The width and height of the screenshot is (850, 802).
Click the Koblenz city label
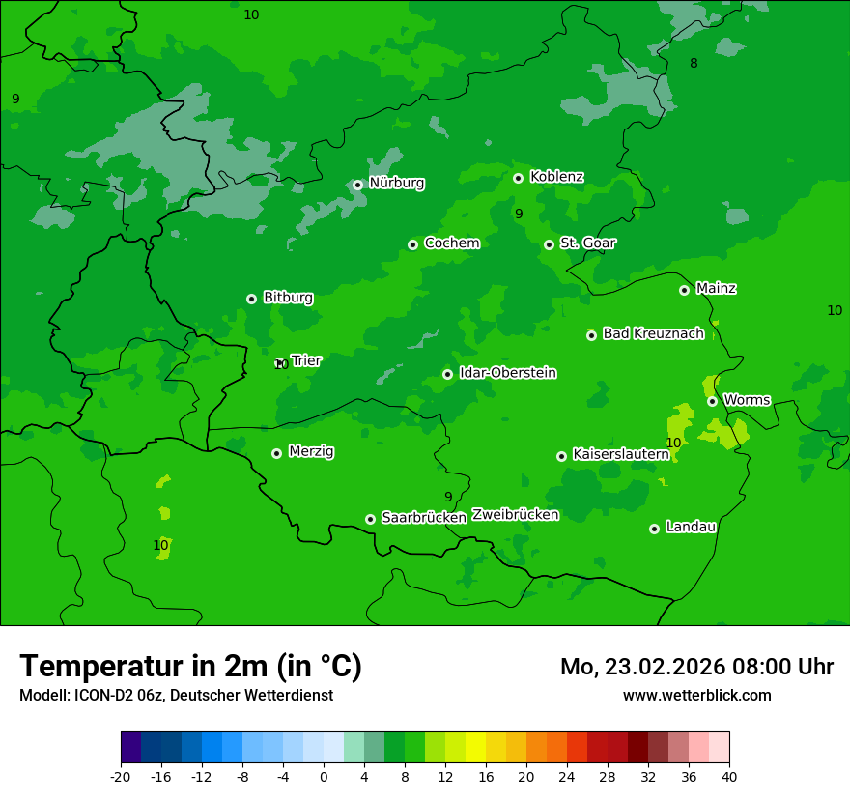coord(556,177)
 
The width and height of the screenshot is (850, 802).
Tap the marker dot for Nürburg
coord(357,185)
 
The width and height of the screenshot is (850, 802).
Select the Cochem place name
coord(451,243)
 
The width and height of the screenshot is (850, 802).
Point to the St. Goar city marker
coord(549,244)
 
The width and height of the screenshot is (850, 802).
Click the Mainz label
coord(716,289)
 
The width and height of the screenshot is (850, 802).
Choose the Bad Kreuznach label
coord(653,334)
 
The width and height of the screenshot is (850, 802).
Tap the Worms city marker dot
coord(712,401)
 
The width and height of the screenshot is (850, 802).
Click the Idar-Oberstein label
coord(507,373)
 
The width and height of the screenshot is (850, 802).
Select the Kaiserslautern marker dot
coord(561,456)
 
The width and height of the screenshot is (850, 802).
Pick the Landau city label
coord(691,528)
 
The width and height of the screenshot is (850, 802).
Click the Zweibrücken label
coord(515,515)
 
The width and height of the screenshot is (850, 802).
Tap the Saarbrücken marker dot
coord(370,519)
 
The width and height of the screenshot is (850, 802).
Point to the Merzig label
coord(312,452)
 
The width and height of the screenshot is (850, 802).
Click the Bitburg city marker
coord(251,299)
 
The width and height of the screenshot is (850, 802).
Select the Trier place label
coord(306,361)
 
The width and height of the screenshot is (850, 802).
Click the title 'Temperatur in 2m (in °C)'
coord(190,667)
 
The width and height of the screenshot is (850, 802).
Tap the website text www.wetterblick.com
coord(696,696)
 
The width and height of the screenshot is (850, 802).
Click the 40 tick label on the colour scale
coord(728,776)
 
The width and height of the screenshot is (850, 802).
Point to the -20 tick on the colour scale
coord(121,776)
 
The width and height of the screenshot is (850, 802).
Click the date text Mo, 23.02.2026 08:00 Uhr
coord(696,667)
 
